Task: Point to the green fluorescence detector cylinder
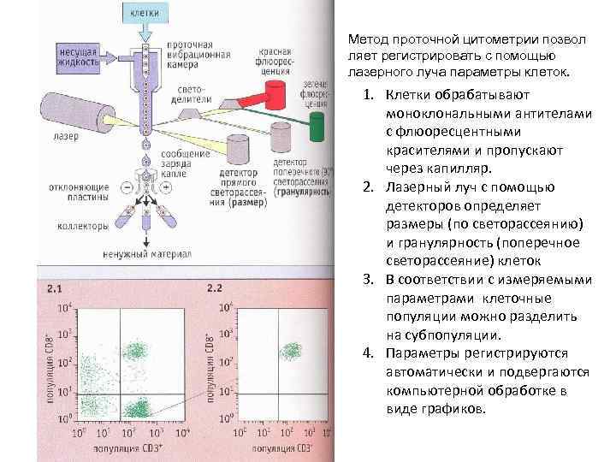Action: pos(317,126)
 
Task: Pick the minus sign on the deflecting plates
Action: pos(127,185)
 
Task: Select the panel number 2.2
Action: pos(214,288)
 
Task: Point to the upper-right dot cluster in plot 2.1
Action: pos(135,350)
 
